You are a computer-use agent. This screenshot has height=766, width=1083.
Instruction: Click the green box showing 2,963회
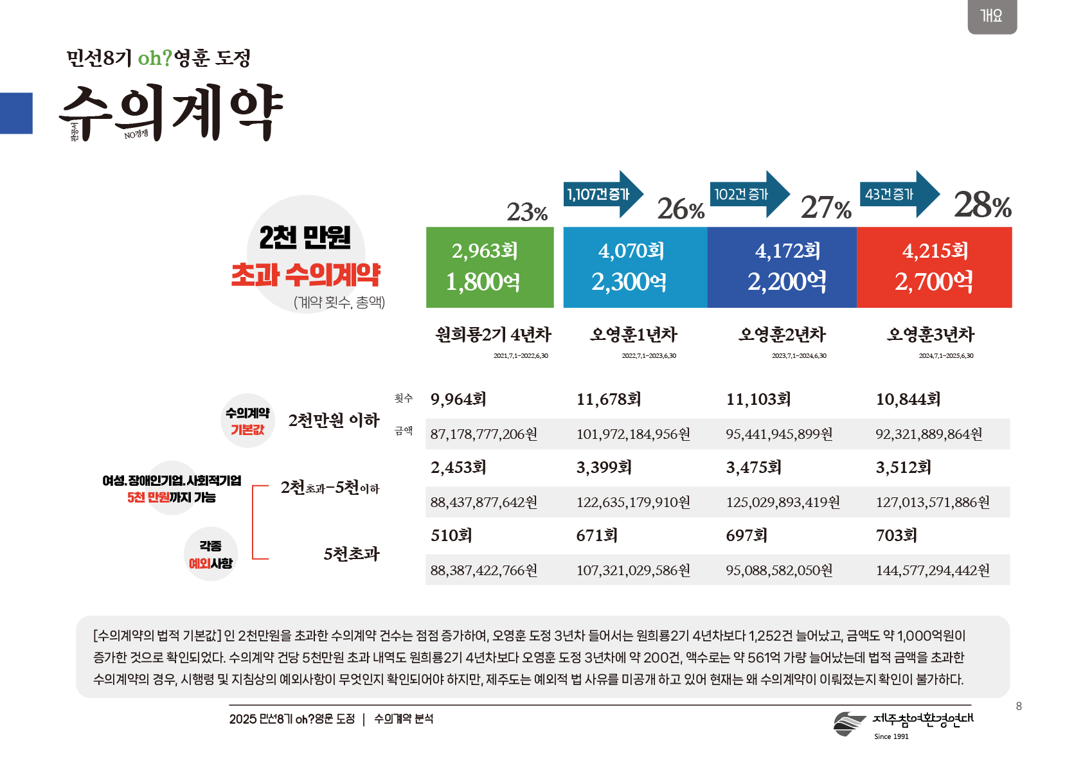point(489,267)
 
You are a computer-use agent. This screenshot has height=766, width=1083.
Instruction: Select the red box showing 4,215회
point(934,267)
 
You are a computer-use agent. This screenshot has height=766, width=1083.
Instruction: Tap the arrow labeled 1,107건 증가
point(602,194)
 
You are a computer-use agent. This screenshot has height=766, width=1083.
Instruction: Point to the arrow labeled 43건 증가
point(899,194)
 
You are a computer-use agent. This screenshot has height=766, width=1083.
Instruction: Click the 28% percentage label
point(982,206)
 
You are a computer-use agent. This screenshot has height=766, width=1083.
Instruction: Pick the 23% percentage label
point(526,212)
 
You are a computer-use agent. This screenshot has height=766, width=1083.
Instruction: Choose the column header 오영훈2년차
point(782,335)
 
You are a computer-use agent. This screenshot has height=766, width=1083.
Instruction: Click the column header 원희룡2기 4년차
point(493,335)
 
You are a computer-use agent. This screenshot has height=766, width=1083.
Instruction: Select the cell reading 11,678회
point(608,400)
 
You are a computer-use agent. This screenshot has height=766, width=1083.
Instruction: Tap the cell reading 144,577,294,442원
point(932,571)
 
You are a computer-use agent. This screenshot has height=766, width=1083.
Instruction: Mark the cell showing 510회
point(451,535)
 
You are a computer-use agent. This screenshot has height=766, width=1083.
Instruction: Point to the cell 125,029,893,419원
point(782,503)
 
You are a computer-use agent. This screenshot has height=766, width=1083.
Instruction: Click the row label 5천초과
point(351,554)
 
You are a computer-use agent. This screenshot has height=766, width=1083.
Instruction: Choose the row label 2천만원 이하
point(334,420)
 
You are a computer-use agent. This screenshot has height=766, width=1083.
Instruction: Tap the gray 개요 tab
point(992,15)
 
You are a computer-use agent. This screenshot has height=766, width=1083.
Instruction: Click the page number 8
point(1019,706)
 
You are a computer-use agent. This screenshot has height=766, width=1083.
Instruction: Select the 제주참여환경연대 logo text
point(922,719)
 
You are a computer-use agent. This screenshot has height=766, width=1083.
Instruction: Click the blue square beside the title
point(16,113)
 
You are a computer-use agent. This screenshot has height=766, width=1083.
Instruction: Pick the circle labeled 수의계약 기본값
point(247,421)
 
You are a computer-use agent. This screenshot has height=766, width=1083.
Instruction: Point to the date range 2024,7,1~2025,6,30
point(945,356)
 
